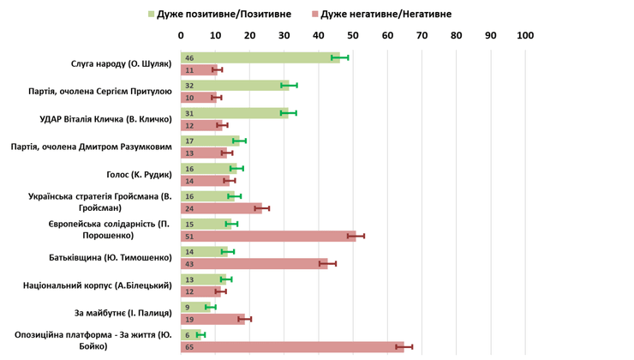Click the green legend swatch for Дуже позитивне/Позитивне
point(152,15)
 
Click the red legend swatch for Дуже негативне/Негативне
point(315,15)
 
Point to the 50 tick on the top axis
point(353,36)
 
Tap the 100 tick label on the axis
point(525,36)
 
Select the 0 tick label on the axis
point(181,36)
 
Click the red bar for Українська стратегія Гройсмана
point(222,208)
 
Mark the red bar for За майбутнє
point(213,320)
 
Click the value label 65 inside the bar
point(188,347)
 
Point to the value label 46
point(188,57)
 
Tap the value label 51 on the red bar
point(188,236)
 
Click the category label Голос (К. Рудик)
point(140,174)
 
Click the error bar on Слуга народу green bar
point(340,57)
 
